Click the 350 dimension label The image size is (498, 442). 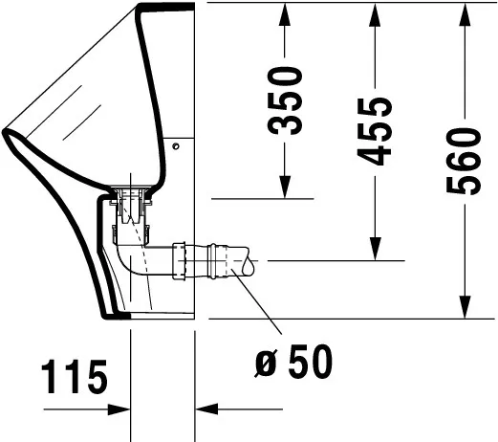click(286, 100)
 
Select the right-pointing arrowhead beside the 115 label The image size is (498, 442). click(119, 409)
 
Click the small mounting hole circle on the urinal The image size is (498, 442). click(177, 144)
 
